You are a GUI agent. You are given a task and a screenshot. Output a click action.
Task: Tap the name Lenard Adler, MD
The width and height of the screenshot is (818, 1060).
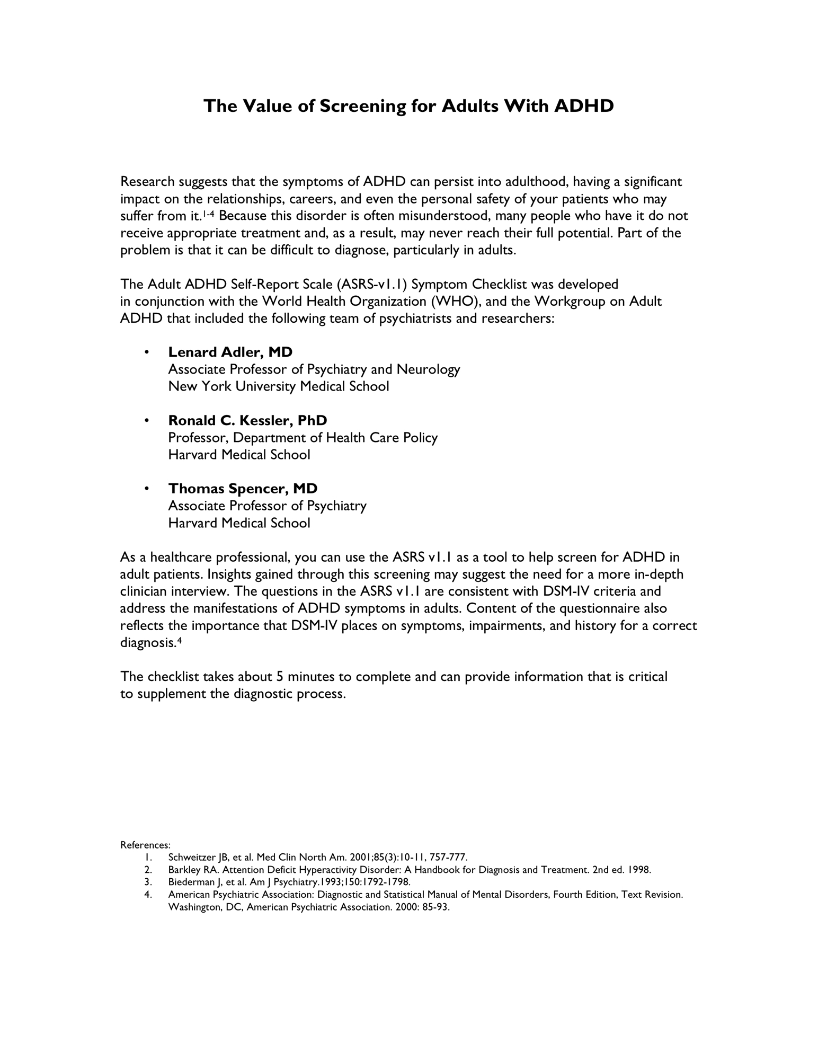pos(230,352)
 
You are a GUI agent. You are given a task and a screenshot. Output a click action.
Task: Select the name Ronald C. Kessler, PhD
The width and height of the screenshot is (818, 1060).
pos(247,420)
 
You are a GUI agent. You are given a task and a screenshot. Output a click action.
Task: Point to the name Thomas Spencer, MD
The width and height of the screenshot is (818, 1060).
pos(243,488)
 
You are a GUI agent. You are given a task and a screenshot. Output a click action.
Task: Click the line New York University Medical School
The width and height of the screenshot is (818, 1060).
pos(278,386)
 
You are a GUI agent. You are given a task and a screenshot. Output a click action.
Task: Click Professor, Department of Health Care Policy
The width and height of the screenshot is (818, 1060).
pos(303,438)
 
